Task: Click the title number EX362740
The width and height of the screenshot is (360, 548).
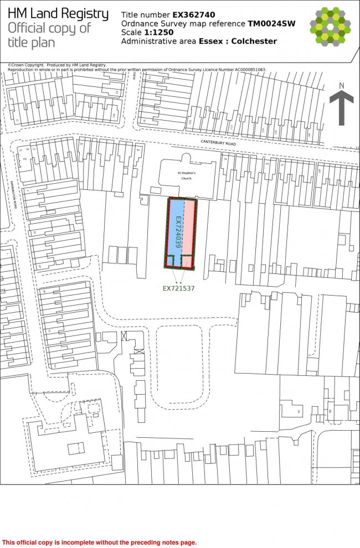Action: pyautogui.click(x=194, y=14)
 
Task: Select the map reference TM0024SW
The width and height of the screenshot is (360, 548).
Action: pyautogui.click(x=271, y=23)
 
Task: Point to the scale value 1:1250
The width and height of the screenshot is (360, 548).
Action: pyautogui.click(x=159, y=32)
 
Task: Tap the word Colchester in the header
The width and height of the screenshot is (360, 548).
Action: pyautogui.click(x=254, y=41)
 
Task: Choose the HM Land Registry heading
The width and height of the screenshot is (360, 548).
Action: pyautogui.click(x=58, y=14)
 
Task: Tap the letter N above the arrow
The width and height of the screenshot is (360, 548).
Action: pyautogui.click(x=342, y=85)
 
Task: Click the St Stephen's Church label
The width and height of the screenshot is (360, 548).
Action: pyautogui.click(x=187, y=176)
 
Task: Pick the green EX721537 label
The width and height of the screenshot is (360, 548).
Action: pyautogui.click(x=178, y=288)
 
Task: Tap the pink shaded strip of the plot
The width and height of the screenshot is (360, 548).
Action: pyautogui.click(x=189, y=227)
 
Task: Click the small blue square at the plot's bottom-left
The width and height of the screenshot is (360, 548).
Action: pyautogui.click(x=170, y=262)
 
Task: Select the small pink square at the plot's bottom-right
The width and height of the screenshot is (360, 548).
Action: pyautogui.click(x=188, y=262)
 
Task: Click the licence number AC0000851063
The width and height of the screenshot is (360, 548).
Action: pyautogui.click(x=241, y=70)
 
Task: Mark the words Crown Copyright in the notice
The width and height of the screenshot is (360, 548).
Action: pyautogui.click(x=25, y=65)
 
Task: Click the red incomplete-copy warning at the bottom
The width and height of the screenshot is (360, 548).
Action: pyautogui.click(x=100, y=542)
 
